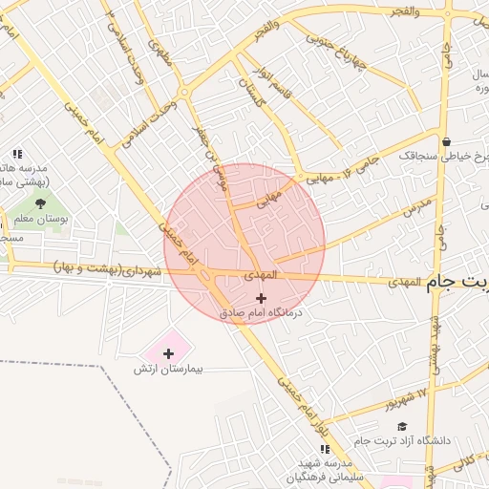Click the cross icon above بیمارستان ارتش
(x=169, y=353)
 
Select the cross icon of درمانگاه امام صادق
(x=261, y=298)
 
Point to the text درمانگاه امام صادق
(x=261, y=312)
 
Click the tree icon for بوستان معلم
(x=40, y=202)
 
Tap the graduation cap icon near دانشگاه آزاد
(x=402, y=426)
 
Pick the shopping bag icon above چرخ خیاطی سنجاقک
(x=447, y=141)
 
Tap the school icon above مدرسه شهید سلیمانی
(x=325, y=449)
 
